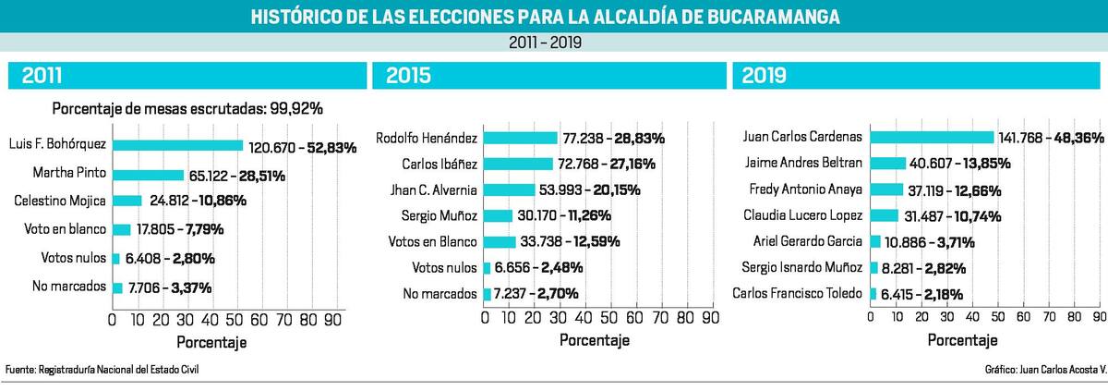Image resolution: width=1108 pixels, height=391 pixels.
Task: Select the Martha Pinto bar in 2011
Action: point(148,174)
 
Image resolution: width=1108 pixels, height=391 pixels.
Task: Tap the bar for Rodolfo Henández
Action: point(522,138)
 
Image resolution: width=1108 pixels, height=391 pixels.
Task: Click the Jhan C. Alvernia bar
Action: point(510,189)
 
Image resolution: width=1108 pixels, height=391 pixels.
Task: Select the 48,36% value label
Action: point(1061,137)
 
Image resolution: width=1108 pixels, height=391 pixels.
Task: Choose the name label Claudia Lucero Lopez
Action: point(802,215)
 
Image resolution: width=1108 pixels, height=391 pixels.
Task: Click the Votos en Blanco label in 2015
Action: point(440,242)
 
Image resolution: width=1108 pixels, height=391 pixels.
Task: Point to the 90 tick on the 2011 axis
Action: point(333,320)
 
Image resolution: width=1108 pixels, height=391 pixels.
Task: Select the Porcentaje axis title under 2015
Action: point(595,340)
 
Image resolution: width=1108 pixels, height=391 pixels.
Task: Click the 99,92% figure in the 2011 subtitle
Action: point(295,108)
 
